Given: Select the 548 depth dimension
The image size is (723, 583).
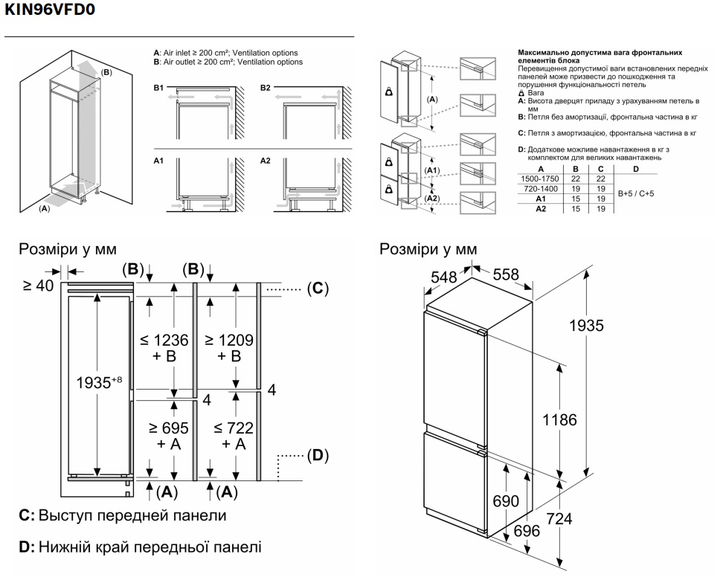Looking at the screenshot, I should [445, 276].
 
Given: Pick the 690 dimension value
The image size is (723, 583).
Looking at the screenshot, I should [506, 502].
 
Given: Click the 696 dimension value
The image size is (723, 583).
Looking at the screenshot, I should [527, 530].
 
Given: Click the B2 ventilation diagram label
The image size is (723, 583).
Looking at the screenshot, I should [266, 88].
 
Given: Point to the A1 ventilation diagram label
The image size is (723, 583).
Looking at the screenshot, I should [158, 161].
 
